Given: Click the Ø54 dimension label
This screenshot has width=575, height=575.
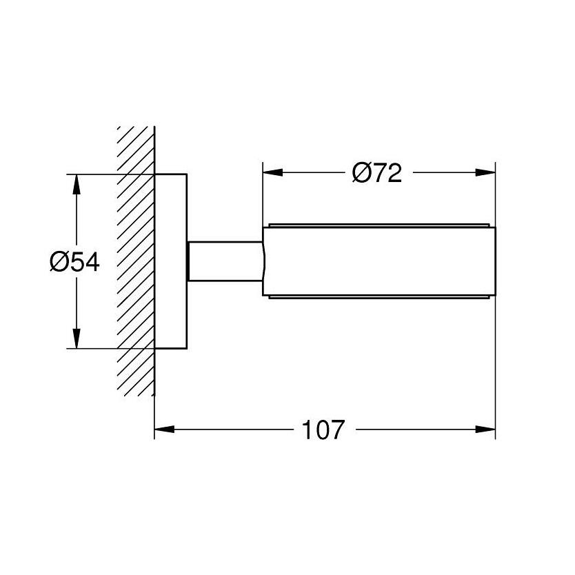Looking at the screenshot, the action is point(75,262).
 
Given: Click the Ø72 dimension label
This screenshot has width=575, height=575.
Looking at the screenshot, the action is point(377,173).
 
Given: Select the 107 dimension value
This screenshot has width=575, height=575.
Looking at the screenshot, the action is point(323,430).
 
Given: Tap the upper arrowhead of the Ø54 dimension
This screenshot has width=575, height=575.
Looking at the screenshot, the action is point(76,184).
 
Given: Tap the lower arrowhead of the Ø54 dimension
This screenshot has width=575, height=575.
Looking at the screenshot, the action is point(76,338).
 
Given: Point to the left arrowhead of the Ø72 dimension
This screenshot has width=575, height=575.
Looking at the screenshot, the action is point(273,172).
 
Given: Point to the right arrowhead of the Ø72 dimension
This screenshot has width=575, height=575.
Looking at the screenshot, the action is point(485,172).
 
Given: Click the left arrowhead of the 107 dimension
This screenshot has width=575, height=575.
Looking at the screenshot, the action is point(164,429).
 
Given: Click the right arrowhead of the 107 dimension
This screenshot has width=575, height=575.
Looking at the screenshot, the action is point(485,429).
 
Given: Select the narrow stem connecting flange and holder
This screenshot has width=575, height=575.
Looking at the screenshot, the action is point(225,261).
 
